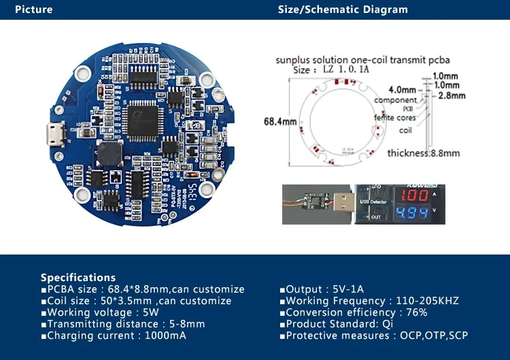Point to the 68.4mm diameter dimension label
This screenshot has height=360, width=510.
(279, 122)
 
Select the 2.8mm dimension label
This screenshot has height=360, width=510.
(452, 96)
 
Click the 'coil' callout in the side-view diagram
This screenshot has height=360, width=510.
(405, 131)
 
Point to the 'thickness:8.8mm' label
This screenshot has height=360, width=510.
(423, 153)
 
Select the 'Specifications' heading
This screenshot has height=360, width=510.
(78, 278)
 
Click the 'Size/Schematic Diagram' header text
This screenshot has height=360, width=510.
(343, 10)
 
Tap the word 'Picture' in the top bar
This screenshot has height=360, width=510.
(33, 10)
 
